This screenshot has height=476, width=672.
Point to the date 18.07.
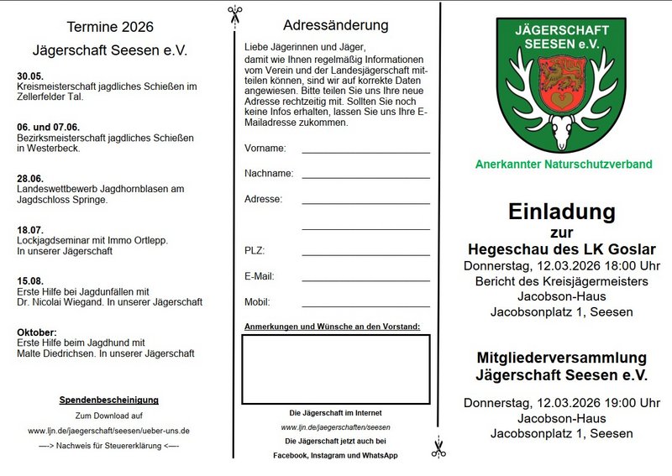[x=29, y=229]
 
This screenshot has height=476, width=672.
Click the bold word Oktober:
[x=37, y=332]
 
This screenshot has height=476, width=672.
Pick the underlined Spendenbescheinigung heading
[x=108, y=400]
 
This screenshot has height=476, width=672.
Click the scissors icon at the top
[x=234, y=14]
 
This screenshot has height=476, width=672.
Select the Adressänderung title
[x=336, y=25]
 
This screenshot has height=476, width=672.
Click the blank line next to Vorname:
[x=365, y=151]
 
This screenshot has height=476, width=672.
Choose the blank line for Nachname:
[x=365, y=176]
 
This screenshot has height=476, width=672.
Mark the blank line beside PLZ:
[x=365, y=254]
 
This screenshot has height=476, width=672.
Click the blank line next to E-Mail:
[x=365, y=279]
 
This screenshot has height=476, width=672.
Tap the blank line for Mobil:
[x=365, y=305]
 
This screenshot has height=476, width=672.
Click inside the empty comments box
[x=335, y=369]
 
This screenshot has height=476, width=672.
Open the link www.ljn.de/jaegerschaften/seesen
[x=335, y=427]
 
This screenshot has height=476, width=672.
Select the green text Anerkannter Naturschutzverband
[x=563, y=165]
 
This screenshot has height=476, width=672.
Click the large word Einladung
[x=561, y=212]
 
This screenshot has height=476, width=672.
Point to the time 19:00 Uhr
[x=626, y=403]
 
